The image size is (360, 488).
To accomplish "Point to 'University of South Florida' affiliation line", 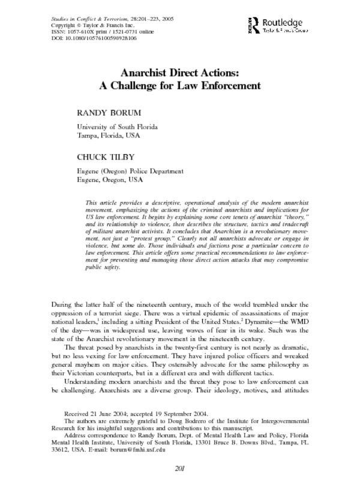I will pyautogui.click(x=117, y=127).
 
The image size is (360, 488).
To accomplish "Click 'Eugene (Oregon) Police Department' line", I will pyautogui.click(x=130, y=171).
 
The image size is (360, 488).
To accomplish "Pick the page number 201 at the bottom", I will pyautogui.click(x=179, y=468).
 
